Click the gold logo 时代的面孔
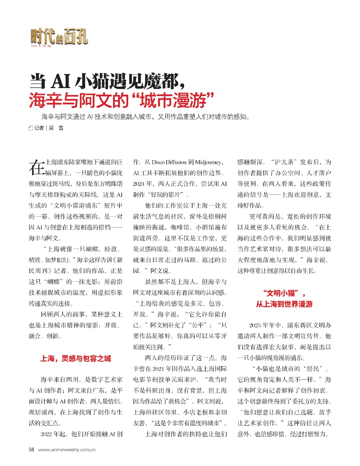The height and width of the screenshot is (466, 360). (x=59, y=36)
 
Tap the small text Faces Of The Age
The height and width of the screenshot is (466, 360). (x=41, y=46)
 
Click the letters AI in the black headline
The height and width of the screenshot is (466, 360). (x=60, y=81)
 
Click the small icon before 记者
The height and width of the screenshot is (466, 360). (x=31, y=128)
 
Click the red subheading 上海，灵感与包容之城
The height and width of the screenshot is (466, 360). (x=75, y=359)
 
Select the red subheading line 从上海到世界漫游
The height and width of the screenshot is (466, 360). (x=284, y=304)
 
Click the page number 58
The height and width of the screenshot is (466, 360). (x=31, y=450)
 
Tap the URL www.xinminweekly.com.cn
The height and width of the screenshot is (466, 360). (x=67, y=450)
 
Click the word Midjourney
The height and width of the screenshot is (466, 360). (x=208, y=162)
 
